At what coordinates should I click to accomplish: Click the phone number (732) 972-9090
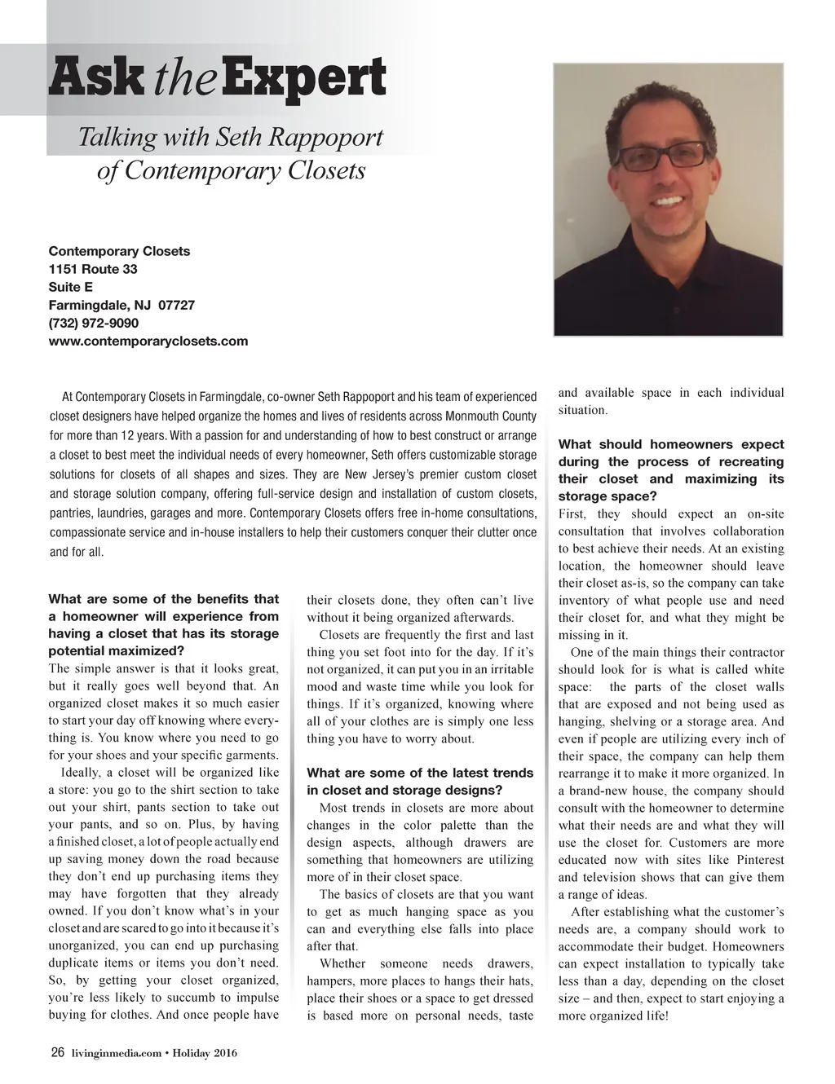(94, 323)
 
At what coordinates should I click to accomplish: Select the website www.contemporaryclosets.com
(148, 341)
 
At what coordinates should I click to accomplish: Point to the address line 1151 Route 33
(93, 269)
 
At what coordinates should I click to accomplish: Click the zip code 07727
(176, 305)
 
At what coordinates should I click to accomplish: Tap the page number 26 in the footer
(58, 1054)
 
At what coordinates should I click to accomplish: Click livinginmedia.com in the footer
(115, 1055)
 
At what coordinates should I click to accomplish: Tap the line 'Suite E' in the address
(71, 287)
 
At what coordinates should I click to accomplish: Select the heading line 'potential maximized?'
(117, 651)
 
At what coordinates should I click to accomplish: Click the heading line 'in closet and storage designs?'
(404, 791)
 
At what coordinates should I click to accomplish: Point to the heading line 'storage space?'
(607, 496)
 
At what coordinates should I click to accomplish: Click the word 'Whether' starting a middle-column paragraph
(342, 963)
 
